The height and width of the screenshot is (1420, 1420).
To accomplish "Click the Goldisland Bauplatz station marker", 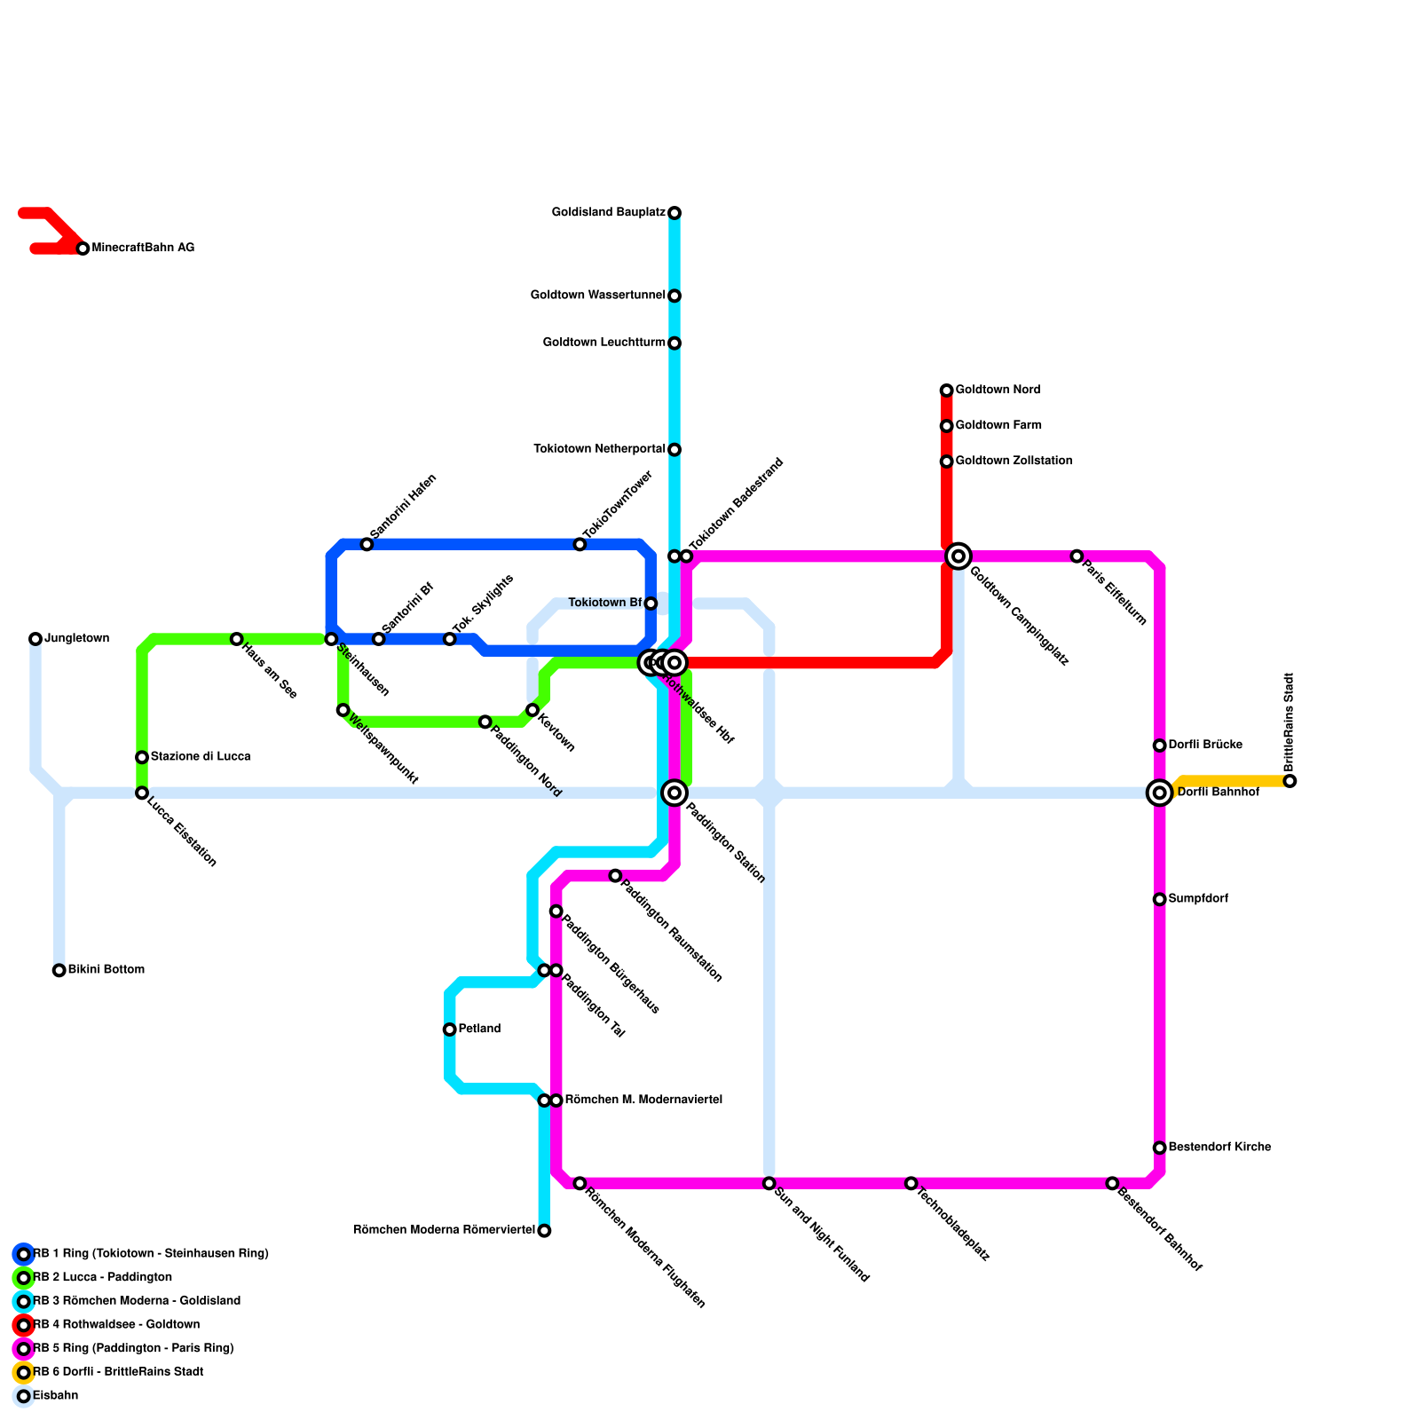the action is pos(674,213).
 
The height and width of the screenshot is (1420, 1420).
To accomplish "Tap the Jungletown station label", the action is pos(76,639).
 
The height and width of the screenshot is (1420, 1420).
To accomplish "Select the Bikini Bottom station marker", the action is pos(59,970).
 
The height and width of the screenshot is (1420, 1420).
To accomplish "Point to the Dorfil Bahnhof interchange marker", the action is pos(1159,793).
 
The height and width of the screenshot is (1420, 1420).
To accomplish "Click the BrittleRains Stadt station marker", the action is pos(1290,781).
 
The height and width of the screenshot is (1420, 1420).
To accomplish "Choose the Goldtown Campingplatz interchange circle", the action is pos(958,556).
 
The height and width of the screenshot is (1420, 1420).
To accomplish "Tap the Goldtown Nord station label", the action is pos(998,390).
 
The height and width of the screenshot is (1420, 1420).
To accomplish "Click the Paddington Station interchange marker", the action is pos(674,793).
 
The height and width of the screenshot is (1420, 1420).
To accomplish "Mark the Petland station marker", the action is pos(450,1029).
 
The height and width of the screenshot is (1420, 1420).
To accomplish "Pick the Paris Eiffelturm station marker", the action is pos(1077,556).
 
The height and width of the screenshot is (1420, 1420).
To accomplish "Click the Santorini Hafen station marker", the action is pos(367,544).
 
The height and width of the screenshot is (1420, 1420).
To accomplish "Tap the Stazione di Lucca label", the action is pos(201,757).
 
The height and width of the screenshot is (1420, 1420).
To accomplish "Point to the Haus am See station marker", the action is pos(237,639).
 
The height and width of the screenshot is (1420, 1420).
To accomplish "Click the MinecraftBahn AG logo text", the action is pos(143,248).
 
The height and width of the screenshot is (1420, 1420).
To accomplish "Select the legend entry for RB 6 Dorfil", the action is pos(118,1372).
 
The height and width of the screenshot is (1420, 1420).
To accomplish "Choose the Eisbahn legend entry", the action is pos(55,1396).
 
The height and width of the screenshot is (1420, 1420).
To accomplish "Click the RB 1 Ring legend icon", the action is pos(24,1254).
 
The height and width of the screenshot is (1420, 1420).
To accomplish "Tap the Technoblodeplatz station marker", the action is pos(911,1183).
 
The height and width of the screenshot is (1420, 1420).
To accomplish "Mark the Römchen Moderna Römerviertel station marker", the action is pos(544,1231).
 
